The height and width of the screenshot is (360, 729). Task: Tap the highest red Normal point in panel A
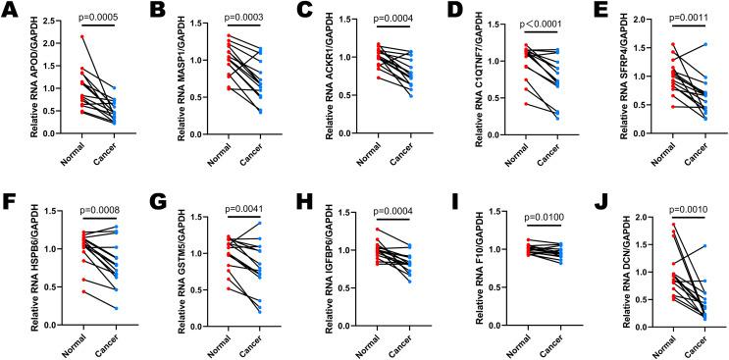coord(82,36)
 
